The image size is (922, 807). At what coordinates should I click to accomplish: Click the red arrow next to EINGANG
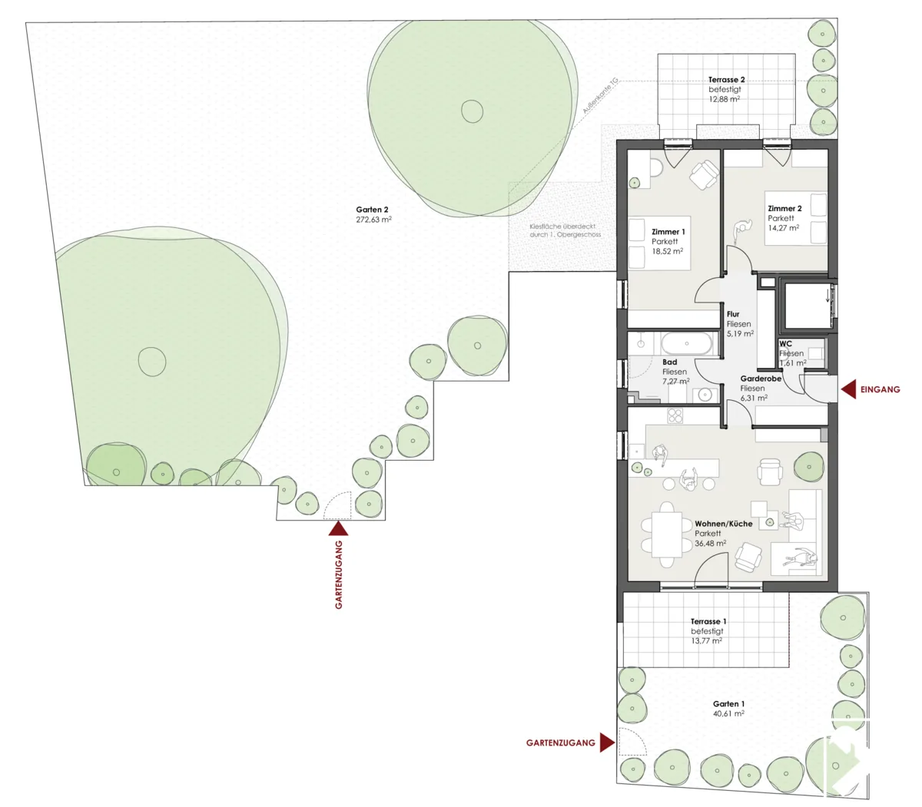coord(849,389)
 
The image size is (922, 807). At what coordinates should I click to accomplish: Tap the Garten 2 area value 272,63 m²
coord(373,220)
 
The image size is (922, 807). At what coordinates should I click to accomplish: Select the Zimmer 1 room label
coord(668,232)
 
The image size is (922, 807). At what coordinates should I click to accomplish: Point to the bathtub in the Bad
coord(686,343)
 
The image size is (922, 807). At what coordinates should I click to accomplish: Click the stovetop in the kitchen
coord(675,415)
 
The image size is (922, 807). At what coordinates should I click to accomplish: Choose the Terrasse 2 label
coord(726,80)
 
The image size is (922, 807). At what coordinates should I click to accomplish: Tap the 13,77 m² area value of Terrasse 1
coord(706,641)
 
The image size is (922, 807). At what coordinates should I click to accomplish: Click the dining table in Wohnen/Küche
coord(668,535)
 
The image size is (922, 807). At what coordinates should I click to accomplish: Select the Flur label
coord(733,314)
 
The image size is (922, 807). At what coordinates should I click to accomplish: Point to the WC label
coord(785,343)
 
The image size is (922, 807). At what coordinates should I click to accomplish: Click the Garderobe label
coord(761,379)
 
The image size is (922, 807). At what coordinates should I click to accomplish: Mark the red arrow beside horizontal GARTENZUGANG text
coord(607,743)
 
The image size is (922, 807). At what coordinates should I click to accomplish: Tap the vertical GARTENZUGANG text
coord(339,574)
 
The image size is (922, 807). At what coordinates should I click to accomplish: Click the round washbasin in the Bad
coord(704,395)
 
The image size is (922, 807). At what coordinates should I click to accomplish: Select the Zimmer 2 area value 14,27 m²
coord(784,228)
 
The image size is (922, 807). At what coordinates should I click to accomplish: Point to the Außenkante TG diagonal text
coord(600,96)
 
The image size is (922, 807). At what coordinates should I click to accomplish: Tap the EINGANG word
coord(880,389)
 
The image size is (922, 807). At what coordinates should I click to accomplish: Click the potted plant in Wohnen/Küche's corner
coord(809,467)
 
